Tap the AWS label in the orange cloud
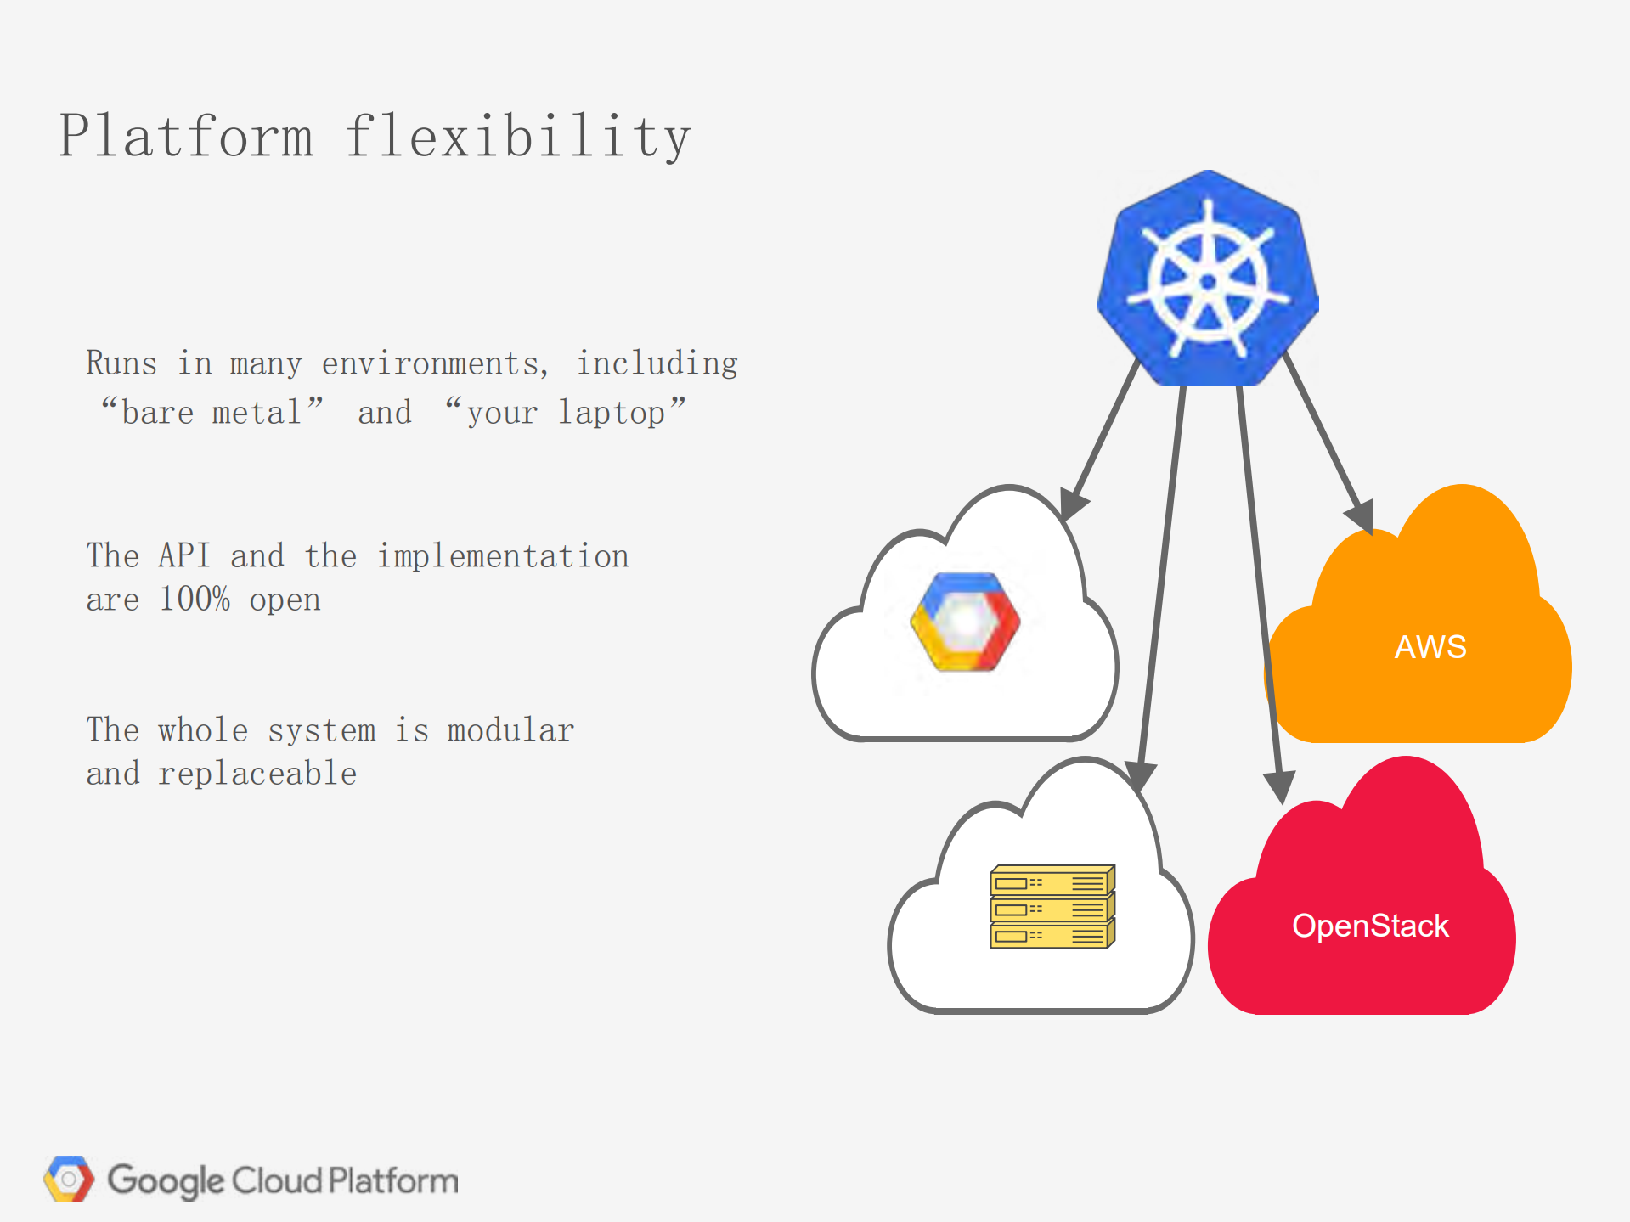click(x=1430, y=647)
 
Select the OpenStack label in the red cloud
click(x=1370, y=926)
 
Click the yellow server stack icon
click(x=1052, y=907)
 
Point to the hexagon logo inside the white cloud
click(x=965, y=622)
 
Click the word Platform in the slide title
click(x=186, y=137)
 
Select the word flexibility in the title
click(x=517, y=137)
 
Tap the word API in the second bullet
click(x=183, y=556)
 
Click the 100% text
click(x=195, y=600)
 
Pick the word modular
click(x=510, y=730)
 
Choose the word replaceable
click(x=257, y=774)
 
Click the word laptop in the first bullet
click(x=612, y=413)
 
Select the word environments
click(x=431, y=364)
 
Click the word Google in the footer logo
click(x=166, y=1180)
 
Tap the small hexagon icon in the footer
click(x=69, y=1179)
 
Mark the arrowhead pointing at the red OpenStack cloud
click(x=1279, y=786)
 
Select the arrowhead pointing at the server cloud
click(x=1140, y=774)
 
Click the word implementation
click(x=503, y=556)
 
